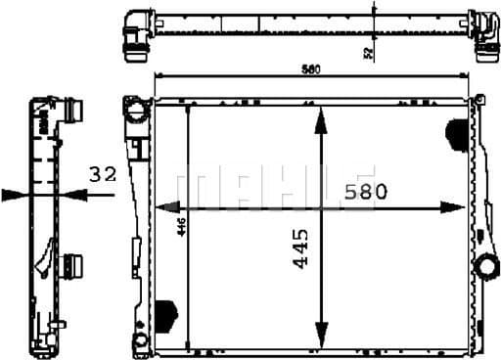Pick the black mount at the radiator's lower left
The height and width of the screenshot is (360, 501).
165,313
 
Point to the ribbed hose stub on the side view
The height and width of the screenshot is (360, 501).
70,264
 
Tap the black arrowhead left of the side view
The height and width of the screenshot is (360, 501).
14,194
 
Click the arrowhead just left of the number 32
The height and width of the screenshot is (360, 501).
80,194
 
